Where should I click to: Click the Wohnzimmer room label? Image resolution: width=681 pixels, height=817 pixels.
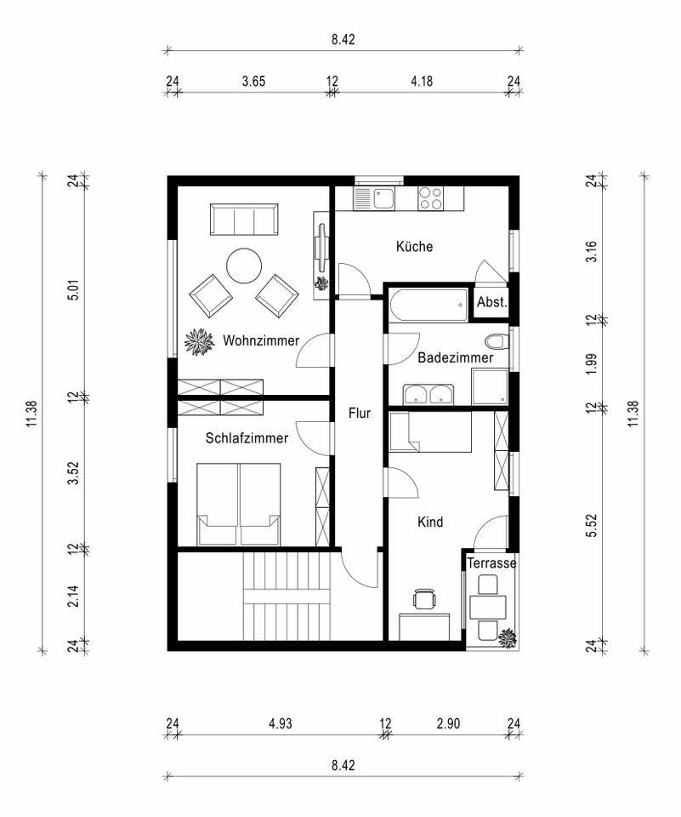point(261,340)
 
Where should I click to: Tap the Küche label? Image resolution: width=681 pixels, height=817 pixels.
point(414,246)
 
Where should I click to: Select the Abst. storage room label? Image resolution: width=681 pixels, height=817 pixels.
point(491,301)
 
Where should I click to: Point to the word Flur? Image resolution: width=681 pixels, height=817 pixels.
point(360,414)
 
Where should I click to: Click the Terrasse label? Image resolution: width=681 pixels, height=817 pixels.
point(491,563)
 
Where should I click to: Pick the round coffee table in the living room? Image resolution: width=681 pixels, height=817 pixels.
point(244,266)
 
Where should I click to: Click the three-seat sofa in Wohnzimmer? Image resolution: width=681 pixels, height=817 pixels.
point(244,220)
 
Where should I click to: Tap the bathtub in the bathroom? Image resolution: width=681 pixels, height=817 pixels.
point(428,306)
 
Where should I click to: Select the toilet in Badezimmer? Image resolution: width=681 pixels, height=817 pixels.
point(495,342)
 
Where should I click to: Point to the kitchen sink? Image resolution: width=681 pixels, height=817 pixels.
point(374,198)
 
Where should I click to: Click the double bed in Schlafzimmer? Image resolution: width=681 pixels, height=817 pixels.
point(238,505)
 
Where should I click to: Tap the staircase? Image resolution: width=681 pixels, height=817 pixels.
point(287,596)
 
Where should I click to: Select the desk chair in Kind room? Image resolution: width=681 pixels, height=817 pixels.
point(425,598)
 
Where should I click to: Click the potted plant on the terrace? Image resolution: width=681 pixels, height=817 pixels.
point(507,637)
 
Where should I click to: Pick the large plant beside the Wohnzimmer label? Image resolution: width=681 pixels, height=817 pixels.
point(200,342)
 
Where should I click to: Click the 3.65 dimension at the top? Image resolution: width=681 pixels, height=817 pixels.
point(253,82)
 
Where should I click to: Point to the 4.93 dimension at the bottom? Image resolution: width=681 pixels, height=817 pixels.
point(280,723)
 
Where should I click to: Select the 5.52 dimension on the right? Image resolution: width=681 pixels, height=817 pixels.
point(592,526)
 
